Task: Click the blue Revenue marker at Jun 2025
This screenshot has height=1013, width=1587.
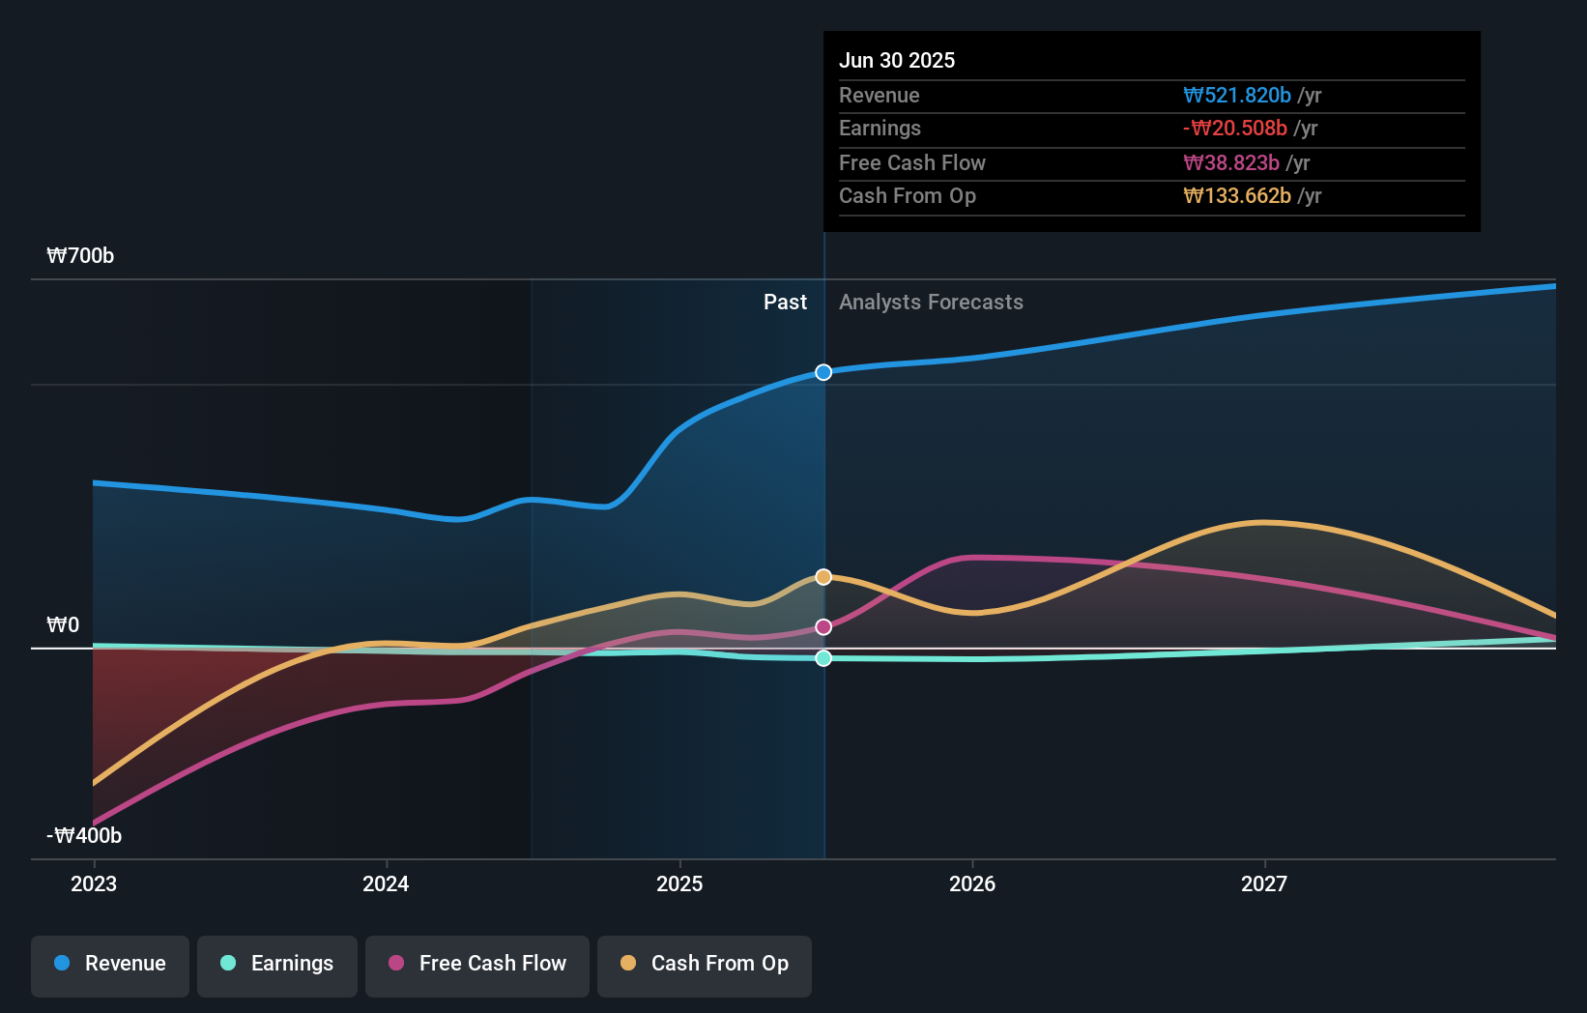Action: tap(823, 372)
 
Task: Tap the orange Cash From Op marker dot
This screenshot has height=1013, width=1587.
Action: tap(823, 577)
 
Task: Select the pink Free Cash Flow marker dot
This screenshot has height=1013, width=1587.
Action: tap(823, 627)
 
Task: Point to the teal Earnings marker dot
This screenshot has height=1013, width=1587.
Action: tap(823, 658)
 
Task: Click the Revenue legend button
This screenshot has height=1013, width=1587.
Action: tap(110, 964)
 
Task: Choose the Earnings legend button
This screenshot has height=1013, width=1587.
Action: tap(277, 964)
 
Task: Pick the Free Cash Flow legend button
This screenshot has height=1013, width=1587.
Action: tap(477, 964)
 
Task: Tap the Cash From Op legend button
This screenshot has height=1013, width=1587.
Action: tap(705, 964)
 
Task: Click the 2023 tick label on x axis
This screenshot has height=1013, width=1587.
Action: tap(94, 883)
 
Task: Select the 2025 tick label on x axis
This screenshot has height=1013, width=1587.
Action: tap(679, 883)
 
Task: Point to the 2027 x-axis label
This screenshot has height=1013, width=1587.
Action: tap(1264, 883)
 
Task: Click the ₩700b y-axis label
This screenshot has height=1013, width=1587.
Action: tap(80, 256)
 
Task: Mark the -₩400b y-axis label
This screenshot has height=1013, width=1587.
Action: tap(84, 835)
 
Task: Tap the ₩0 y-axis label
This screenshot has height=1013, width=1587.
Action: tap(63, 625)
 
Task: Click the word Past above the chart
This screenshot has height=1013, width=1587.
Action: tap(785, 303)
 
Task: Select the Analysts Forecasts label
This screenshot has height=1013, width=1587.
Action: tap(931, 303)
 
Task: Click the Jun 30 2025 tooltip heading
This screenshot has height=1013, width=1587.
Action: tap(897, 60)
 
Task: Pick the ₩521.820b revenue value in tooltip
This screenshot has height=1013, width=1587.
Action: tap(1237, 95)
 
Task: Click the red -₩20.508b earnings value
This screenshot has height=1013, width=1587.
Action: tap(1235, 129)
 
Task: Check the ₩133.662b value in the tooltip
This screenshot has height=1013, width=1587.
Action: tap(1237, 196)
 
